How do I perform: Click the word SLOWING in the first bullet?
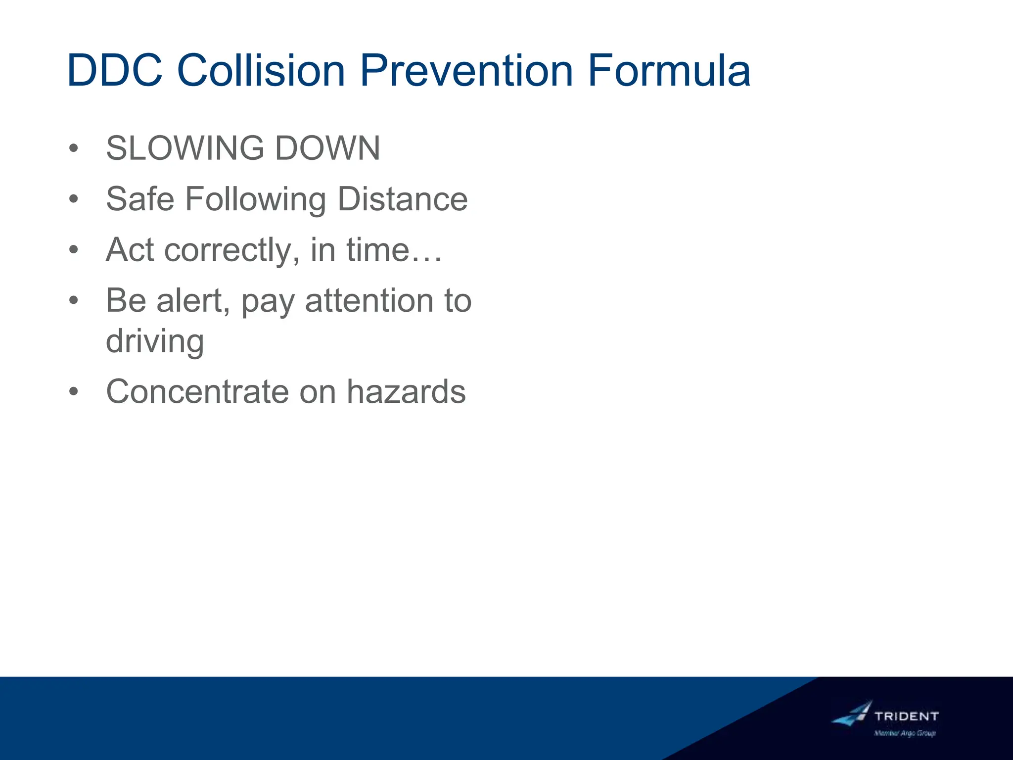tap(185, 148)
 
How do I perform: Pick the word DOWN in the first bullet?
tap(327, 148)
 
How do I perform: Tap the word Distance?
tap(402, 199)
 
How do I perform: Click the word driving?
tap(155, 342)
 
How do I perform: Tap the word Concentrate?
tap(197, 392)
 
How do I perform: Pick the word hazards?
tap(406, 392)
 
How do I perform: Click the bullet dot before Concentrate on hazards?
tap(74, 392)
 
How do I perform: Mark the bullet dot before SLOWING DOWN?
tap(74, 148)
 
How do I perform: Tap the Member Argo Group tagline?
tap(905, 733)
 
